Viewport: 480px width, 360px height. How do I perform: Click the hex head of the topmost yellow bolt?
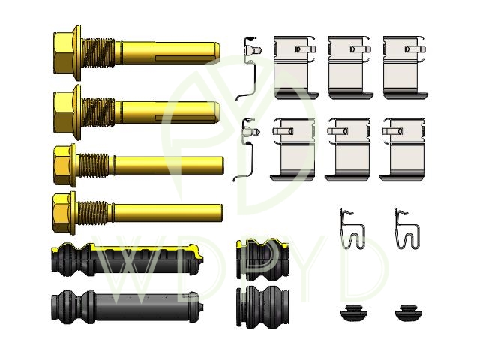pyautogui.click(x=64, y=52)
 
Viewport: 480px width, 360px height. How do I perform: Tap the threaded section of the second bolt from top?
pyautogui.click(x=98, y=112)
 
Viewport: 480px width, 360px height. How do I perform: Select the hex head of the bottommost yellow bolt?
pyautogui.click(x=61, y=213)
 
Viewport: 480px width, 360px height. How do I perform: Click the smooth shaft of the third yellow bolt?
pyautogui.click(x=169, y=165)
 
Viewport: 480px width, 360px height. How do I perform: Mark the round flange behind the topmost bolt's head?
pyautogui.click(x=78, y=52)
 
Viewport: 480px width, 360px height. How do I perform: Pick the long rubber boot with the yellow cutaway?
pyautogui.click(x=127, y=259)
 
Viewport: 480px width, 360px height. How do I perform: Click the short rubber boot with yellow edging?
pyautogui.click(x=262, y=260)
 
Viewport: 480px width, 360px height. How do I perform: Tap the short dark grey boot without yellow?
pyautogui.click(x=262, y=307)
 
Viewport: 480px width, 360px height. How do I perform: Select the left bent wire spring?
pyautogui.click(x=352, y=229)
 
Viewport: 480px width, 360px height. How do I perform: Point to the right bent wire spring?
pyautogui.click(x=406, y=229)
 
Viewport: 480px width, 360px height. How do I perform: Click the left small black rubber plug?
pyautogui.click(x=353, y=313)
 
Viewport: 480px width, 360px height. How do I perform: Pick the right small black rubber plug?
pyautogui.click(x=408, y=313)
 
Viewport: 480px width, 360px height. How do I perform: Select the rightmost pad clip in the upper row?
pyautogui.click(x=405, y=67)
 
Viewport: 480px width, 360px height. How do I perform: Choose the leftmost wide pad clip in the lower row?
pyautogui.click(x=293, y=149)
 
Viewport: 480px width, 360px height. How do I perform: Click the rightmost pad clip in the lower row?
pyautogui.click(x=403, y=149)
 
